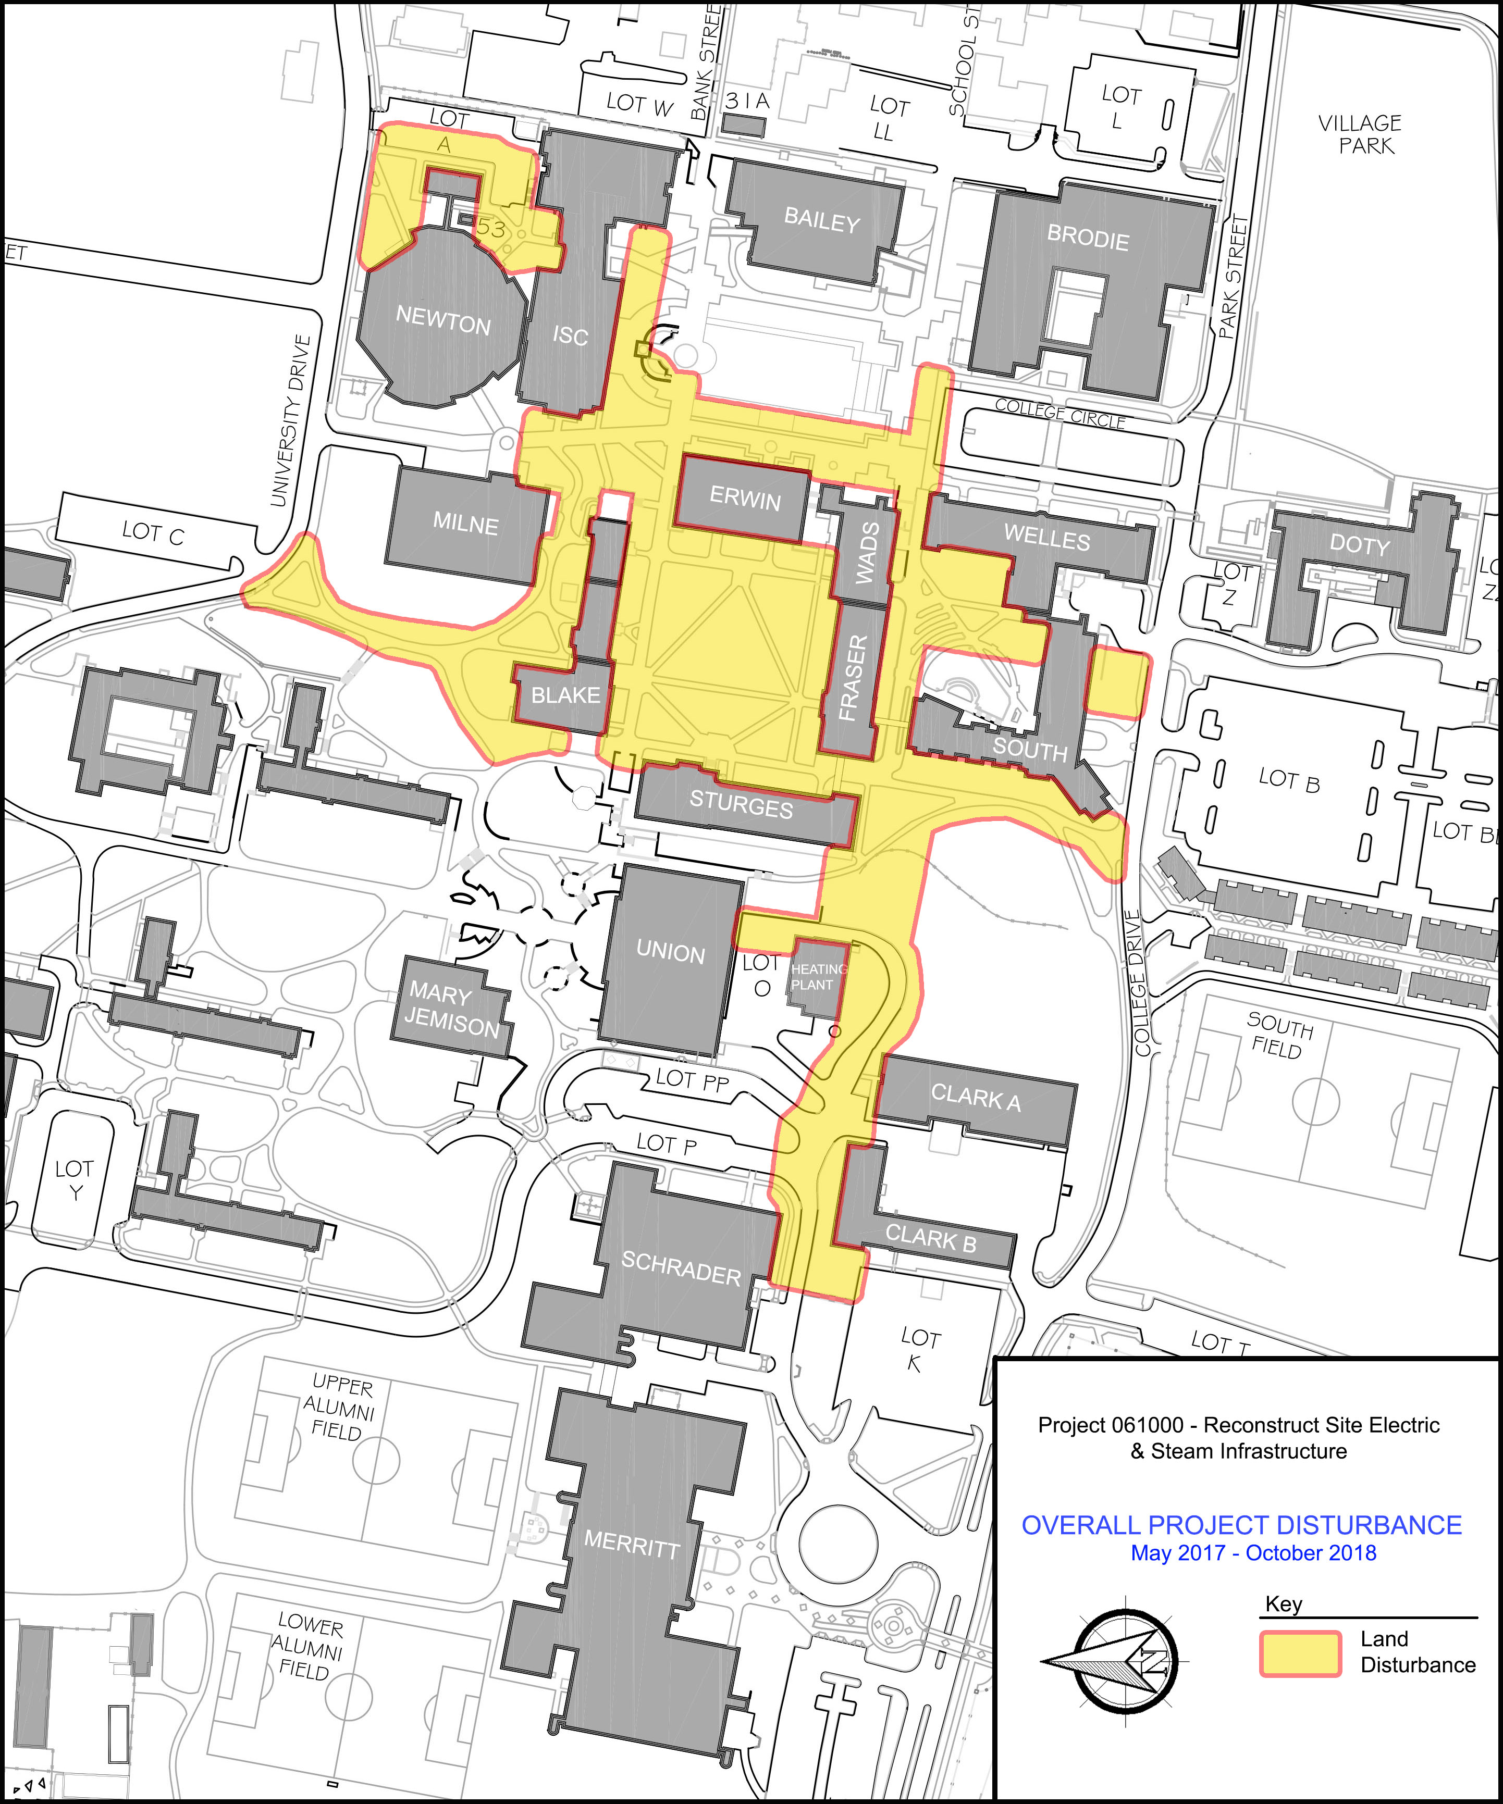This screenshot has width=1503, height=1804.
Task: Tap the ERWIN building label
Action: pos(744,498)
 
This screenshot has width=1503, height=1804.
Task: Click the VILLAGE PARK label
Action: pos(1360,134)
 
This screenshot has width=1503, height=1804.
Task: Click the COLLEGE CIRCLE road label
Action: pos(1060,414)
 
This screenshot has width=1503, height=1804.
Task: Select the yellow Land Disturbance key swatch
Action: pos(1299,1653)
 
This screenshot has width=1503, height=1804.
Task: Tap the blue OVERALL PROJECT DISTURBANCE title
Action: pos(1241,1525)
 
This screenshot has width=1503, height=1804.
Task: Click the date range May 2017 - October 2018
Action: pos(1253,1553)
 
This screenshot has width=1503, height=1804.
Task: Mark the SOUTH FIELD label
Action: pos(1279,1036)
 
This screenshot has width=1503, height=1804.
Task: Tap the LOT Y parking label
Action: pos(74,1179)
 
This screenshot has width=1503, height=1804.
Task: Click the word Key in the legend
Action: pos(1283,1604)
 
